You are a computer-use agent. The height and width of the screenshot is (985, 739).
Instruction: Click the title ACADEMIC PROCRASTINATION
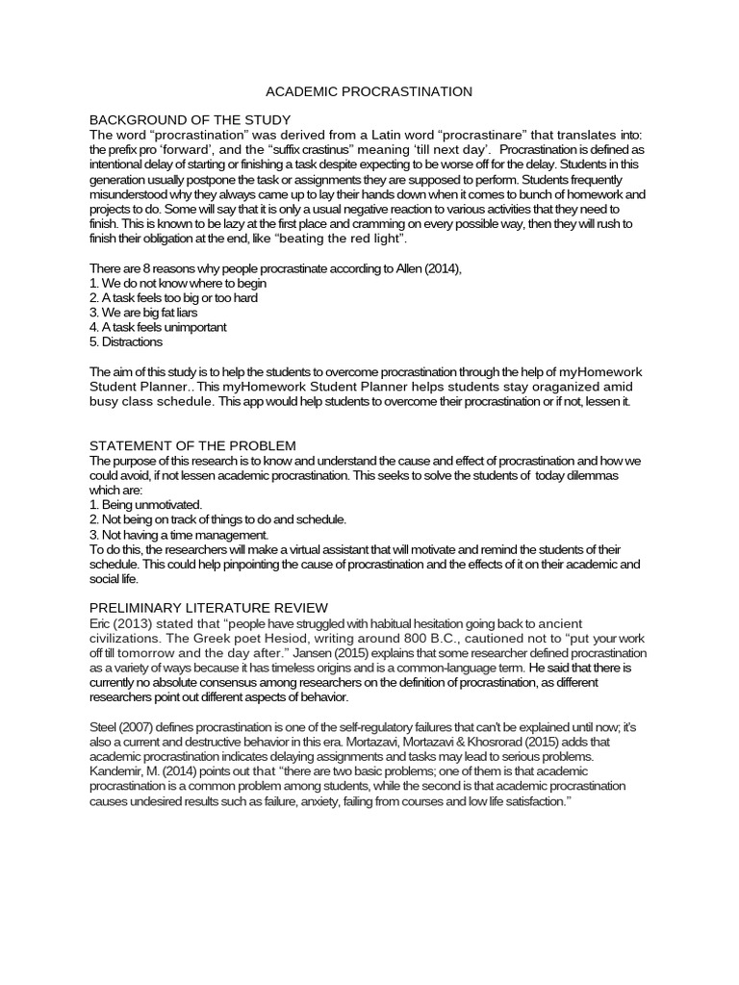pyautogui.click(x=369, y=91)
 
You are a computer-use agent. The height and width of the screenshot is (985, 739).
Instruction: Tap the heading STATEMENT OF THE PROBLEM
pyautogui.click(x=192, y=445)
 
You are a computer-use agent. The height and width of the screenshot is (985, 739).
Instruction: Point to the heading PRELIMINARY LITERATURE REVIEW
pyautogui.click(x=209, y=608)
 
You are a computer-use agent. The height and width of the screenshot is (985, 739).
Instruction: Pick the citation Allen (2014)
pyautogui.click(x=434, y=268)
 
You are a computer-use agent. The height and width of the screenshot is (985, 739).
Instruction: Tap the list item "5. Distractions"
pyautogui.click(x=126, y=341)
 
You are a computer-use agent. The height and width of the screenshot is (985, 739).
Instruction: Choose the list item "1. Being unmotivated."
pyautogui.click(x=145, y=504)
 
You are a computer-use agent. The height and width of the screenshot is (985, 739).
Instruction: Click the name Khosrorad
pyautogui.click(x=496, y=743)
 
